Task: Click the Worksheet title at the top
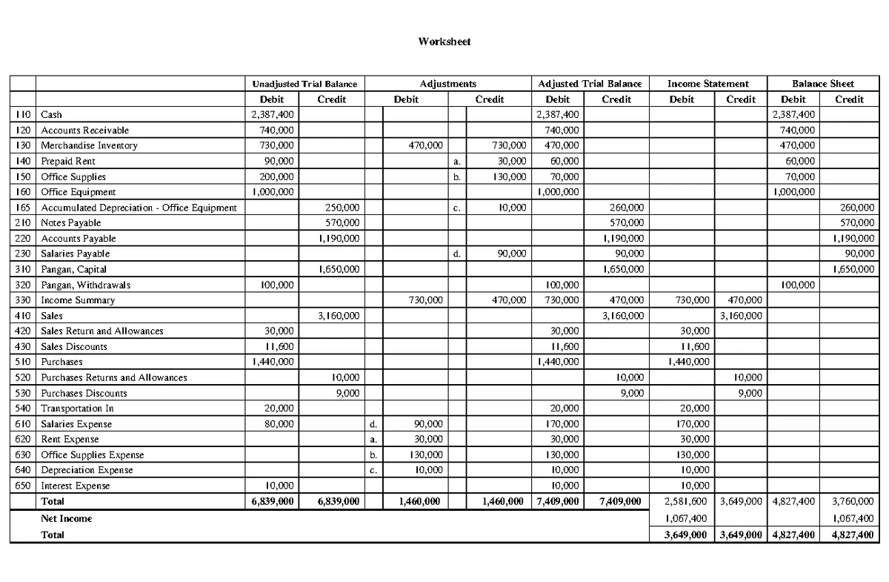pos(444,42)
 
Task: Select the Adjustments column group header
pos(447,84)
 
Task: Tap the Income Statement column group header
pos(707,84)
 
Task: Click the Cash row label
pos(51,114)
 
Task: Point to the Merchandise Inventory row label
pos(89,145)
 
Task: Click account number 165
pos(22,208)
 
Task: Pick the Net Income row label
pos(66,518)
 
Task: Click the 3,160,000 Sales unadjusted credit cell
pos(339,316)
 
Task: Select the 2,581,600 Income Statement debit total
pos(687,502)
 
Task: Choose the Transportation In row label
pos(76,408)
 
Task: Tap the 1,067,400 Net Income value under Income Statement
pos(687,518)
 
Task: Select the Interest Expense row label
pos(75,486)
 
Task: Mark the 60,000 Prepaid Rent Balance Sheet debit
pos(801,161)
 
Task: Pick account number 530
pos(22,393)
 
